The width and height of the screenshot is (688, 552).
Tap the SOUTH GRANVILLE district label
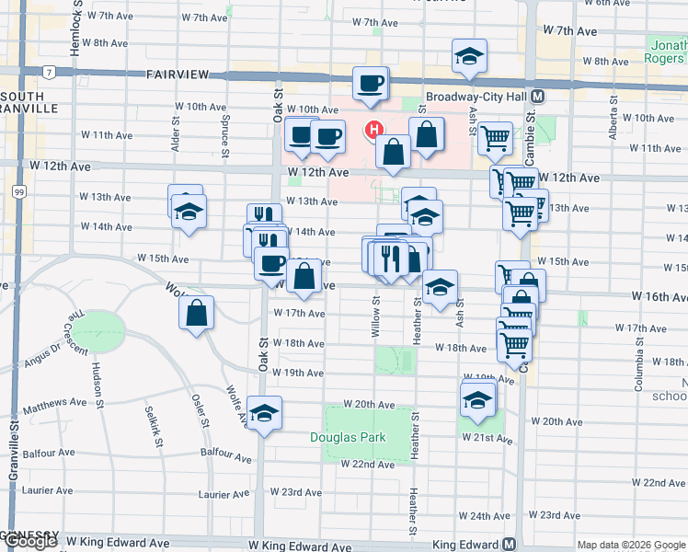pyautogui.click(x=29, y=102)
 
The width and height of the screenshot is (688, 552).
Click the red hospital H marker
pyautogui.click(x=373, y=130)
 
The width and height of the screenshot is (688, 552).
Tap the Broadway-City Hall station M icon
pyautogui.click(x=536, y=97)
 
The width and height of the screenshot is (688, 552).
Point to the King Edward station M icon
pyautogui.click(x=509, y=545)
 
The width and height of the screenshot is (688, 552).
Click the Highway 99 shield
pyautogui.click(x=18, y=191)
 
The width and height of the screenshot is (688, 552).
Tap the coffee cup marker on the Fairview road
pyautogui.click(x=371, y=84)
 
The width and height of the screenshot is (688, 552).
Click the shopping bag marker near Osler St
pyautogui.click(x=197, y=313)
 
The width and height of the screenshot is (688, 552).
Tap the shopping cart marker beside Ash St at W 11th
pyautogui.click(x=495, y=138)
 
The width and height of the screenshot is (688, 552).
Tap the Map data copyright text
pyautogui.click(x=631, y=546)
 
